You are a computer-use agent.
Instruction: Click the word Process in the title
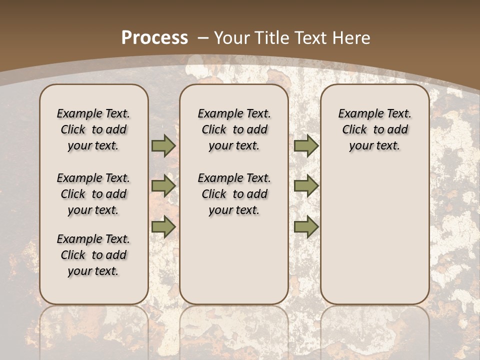154,37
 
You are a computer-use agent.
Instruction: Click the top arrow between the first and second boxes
163,146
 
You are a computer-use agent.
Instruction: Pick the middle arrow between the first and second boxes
163,186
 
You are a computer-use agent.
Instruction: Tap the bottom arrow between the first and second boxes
163,227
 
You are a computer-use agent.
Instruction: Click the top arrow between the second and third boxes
306,146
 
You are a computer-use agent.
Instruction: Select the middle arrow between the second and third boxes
306,186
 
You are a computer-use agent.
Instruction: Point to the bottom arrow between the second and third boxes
306,227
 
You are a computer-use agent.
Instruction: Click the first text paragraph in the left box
93,129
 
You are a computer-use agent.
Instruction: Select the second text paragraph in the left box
93,194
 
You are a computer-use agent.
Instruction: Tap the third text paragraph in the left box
93,255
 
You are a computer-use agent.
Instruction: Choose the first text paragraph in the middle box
234,129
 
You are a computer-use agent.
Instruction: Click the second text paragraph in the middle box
234,194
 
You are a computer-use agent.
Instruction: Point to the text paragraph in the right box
374,129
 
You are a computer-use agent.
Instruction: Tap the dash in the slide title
203,38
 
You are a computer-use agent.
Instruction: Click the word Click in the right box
354,130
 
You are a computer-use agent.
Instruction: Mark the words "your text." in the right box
374,146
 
